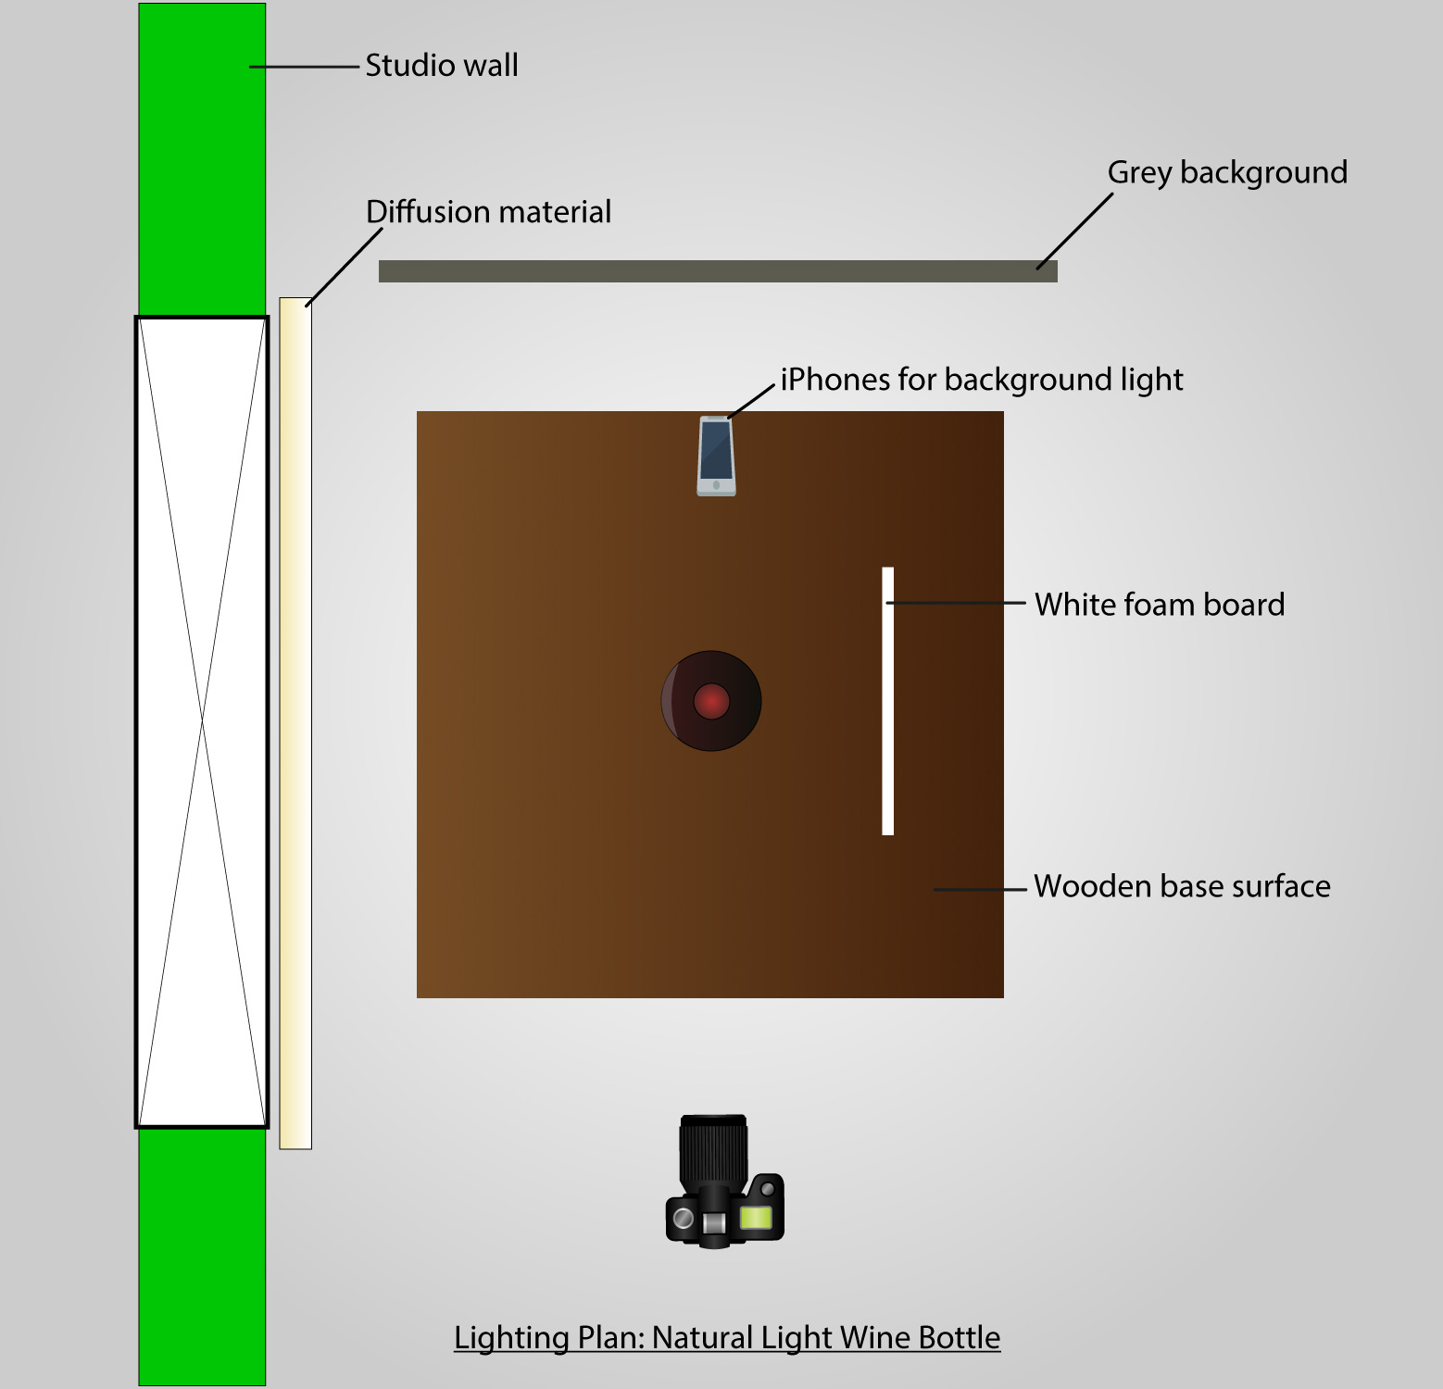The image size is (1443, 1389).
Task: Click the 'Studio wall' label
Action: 441,66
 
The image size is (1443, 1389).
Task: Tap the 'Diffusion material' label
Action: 488,212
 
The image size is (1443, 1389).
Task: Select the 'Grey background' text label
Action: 1226,172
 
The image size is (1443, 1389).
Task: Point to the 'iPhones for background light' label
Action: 981,380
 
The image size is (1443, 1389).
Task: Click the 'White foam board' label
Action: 1159,605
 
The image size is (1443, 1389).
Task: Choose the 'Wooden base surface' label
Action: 1181,886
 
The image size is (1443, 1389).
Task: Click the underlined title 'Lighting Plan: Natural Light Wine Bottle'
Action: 727,1338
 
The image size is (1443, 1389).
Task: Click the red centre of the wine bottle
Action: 711,701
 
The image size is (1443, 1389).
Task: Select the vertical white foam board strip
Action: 887,701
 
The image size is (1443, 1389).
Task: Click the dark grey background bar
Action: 718,271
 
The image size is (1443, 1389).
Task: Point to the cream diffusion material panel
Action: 295,722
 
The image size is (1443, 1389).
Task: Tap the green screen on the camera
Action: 756,1217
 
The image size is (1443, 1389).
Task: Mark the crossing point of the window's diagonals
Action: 202,721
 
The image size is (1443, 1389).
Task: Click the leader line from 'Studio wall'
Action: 304,67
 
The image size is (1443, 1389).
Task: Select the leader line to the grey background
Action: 1074,231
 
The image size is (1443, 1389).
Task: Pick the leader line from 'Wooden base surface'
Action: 980,889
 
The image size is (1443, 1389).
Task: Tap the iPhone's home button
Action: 716,485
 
